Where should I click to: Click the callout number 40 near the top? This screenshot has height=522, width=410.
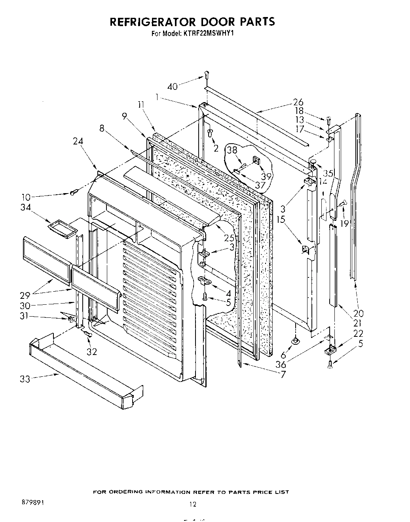pos(173,86)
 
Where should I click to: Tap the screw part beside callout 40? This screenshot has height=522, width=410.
pos(207,74)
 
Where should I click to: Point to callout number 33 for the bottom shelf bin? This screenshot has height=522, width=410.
pos(25,379)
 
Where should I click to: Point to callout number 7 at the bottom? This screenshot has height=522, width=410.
pos(283,374)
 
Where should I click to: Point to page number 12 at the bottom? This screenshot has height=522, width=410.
pos(192,504)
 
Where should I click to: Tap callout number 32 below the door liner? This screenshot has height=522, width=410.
pos(92,351)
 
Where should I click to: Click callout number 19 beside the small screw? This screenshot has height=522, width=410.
pos(344,224)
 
